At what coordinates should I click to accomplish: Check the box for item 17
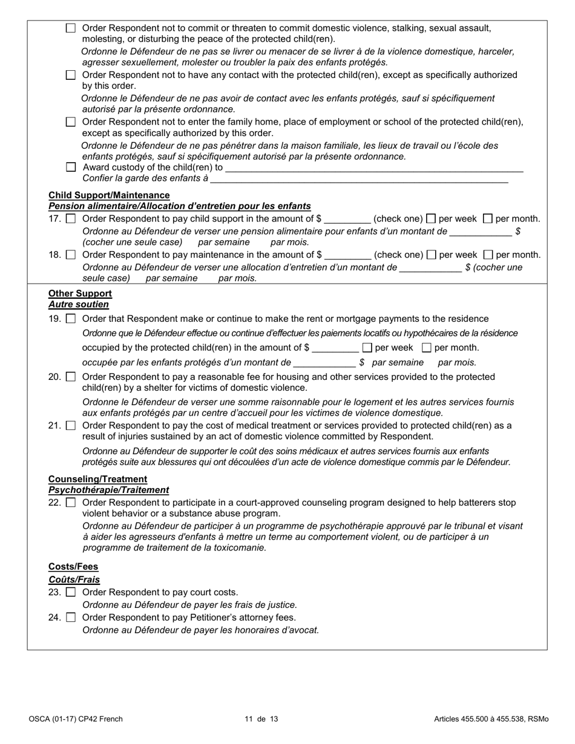pos(71,219)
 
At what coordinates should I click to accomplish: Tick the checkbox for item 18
pos(71,255)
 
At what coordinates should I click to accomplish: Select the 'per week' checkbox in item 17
pos(431,219)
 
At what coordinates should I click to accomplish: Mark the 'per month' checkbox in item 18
pos(488,255)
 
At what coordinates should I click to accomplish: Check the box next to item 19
pos(71,319)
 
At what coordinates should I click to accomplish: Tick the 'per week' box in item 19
pos(367,348)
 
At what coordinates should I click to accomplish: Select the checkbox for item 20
pos(71,377)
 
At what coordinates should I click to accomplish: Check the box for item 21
pos(71,426)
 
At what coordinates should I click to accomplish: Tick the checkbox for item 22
pos(71,503)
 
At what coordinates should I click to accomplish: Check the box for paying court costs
pos(71,592)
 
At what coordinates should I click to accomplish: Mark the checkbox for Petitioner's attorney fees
pos(71,618)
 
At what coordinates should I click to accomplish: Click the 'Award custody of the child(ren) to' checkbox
pos(71,168)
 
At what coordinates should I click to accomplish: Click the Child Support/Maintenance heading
pos(109,195)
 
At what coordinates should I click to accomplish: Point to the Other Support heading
pos(80,293)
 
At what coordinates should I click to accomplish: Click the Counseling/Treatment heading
pos(97,479)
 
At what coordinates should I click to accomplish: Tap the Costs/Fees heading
pos(73,567)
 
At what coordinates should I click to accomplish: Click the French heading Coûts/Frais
pos(74,579)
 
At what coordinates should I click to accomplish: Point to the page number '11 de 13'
pos(261,719)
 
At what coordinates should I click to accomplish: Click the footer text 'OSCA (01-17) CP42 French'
pos(76,719)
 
